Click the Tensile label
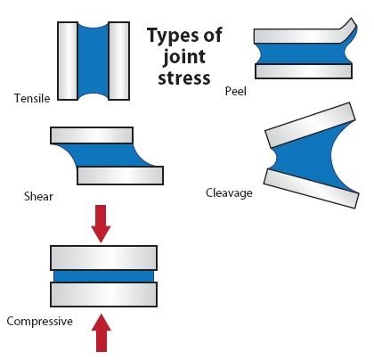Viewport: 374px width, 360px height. [32, 98]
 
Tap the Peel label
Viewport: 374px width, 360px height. [236, 91]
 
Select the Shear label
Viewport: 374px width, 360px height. [38, 196]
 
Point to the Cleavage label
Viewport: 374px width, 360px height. [229, 193]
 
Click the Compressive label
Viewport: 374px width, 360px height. [40, 321]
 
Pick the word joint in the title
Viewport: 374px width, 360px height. [184, 57]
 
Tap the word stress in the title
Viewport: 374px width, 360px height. [184, 78]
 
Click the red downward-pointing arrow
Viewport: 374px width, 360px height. [101, 224]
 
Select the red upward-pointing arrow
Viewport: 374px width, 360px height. [102, 333]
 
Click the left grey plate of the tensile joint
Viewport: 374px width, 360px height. [68, 61]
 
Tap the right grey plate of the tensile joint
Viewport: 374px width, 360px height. [119, 61]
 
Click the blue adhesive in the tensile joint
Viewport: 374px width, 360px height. [93, 61]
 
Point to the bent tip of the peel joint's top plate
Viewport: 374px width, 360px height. [353, 20]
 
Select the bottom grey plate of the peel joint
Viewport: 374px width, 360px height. [304, 71]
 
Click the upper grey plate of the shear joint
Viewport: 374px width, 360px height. [92, 135]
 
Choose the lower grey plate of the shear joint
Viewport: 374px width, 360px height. [120, 176]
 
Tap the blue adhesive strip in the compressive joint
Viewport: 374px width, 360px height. [103, 276]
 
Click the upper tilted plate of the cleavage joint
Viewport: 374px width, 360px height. [310, 125]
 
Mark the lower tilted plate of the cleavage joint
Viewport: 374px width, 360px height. [312, 189]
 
